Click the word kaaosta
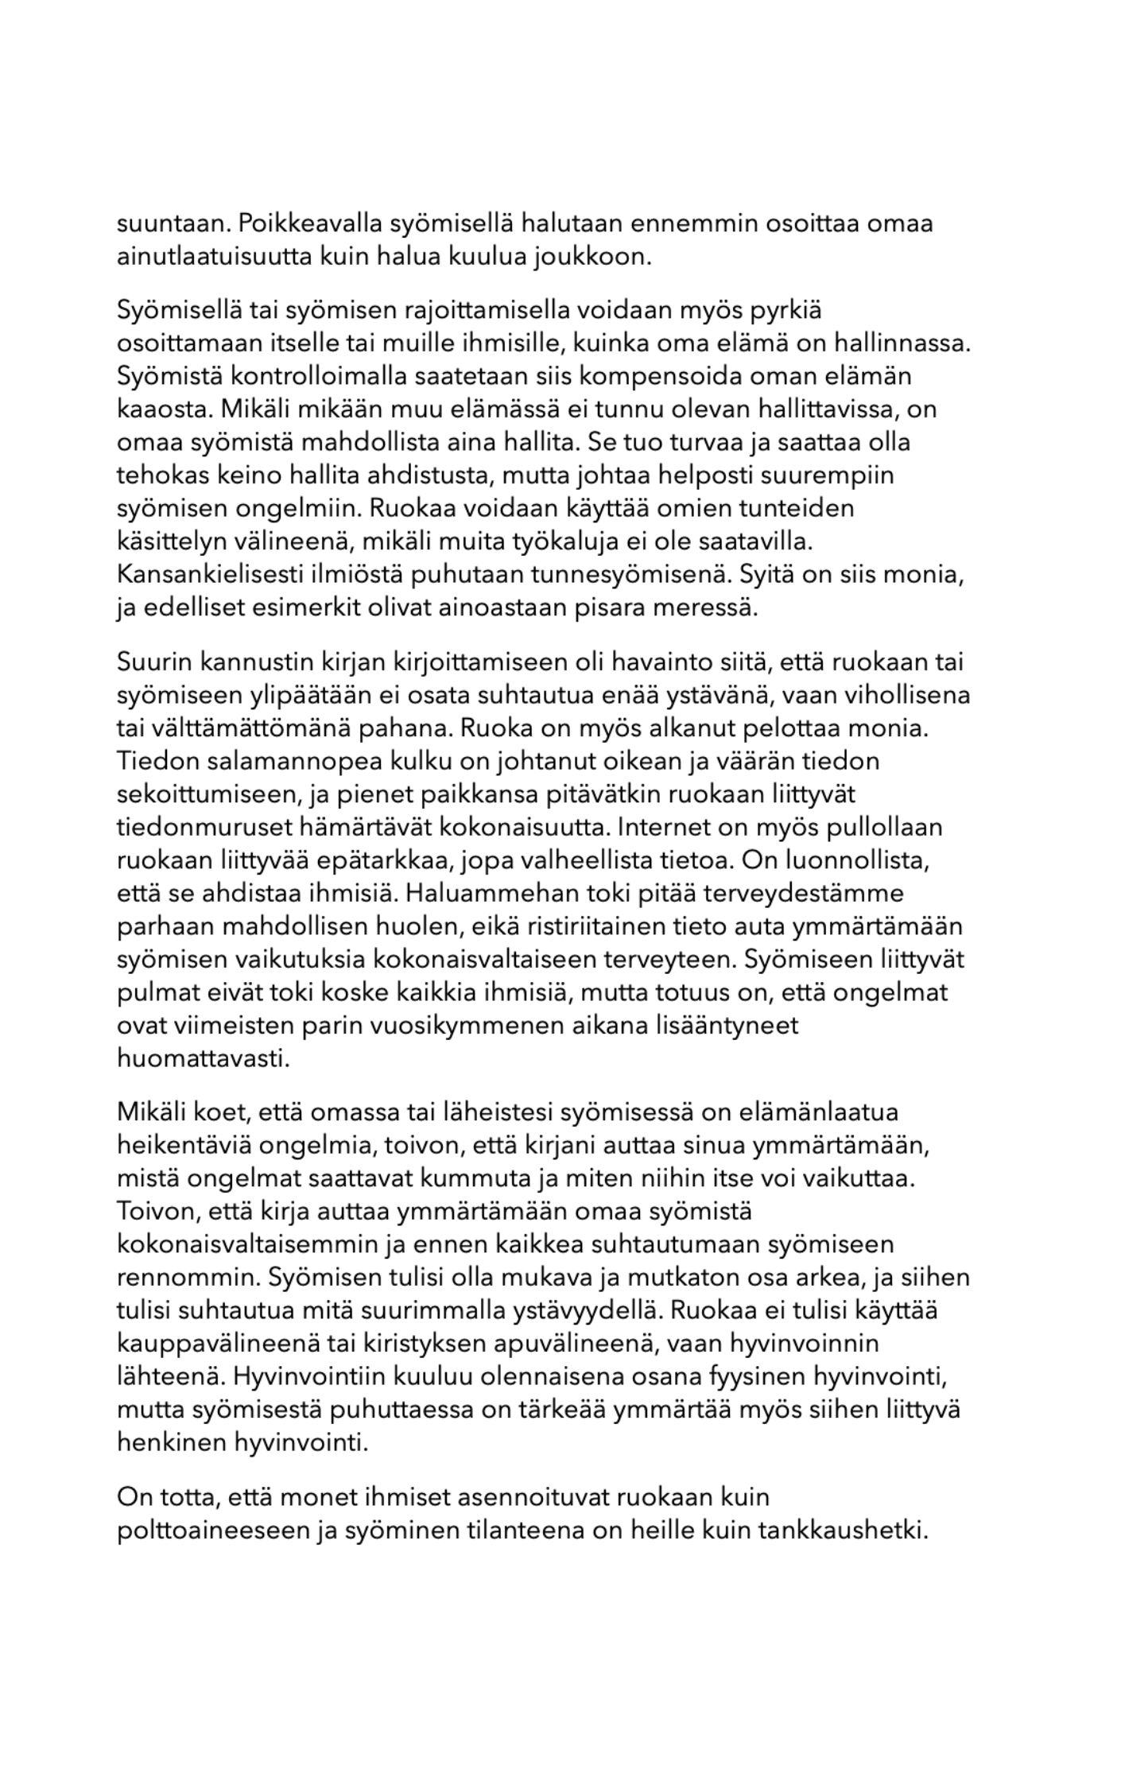165,409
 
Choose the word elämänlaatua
819,1112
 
